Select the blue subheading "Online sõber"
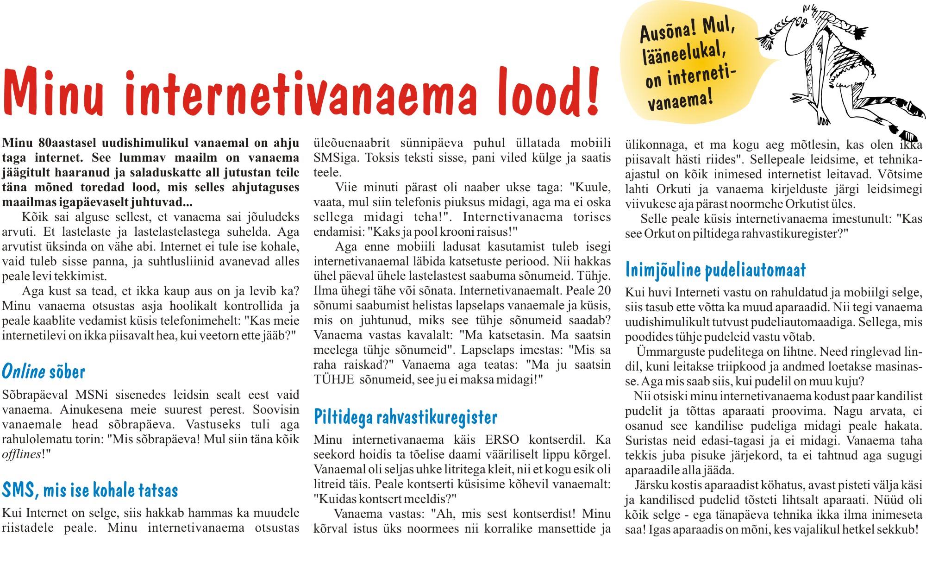coord(44,371)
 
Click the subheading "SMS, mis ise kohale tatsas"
coord(90,490)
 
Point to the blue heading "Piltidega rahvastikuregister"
coord(405,417)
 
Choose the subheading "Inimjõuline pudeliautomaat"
coord(715,270)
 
